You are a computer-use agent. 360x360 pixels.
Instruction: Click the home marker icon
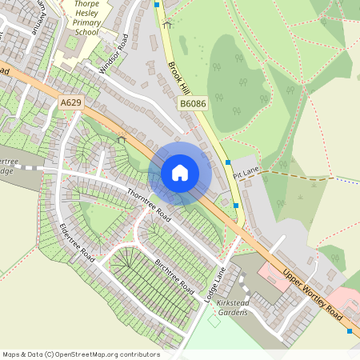click(x=180, y=173)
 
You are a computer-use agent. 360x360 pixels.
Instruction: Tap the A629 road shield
click(x=70, y=102)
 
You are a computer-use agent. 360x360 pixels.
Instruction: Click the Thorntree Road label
click(x=150, y=203)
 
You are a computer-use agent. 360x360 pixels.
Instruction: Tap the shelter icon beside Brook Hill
click(x=167, y=24)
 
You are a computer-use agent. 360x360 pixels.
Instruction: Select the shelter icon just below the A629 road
click(x=122, y=140)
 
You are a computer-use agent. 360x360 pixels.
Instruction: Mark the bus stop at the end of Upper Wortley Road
click(x=350, y=330)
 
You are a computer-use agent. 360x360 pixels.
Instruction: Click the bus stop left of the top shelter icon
click(x=157, y=5)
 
